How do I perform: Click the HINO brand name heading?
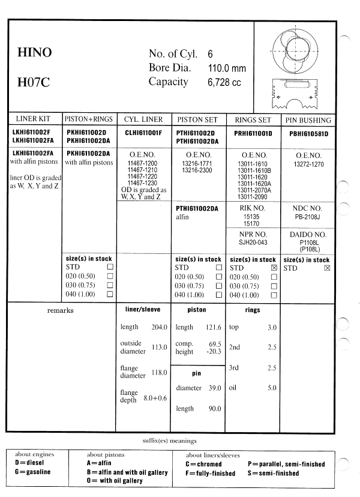pyautogui.click(x=35, y=53)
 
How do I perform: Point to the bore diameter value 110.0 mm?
pyautogui.click(x=227, y=68)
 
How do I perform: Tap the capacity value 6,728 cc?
pyautogui.click(x=224, y=83)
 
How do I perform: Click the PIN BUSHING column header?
pyautogui.click(x=308, y=120)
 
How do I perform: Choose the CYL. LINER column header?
pyautogui.click(x=143, y=120)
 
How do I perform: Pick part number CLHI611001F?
pyautogui.click(x=143, y=133)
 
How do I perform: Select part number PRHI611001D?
pyautogui.click(x=253, y=133)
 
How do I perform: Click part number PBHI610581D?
pyautogui.click(x=308, y=133)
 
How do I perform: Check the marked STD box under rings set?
pyautogui.click(x=274, y=268)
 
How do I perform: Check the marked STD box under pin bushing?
pyautogui.click(x=327, y=268)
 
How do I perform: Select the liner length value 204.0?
pyautogui.click(x=159, y=327)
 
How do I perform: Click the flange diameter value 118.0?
pyautogui.click(x=159, y=372)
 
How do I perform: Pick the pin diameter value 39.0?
pyautogui.click(x=214, y=388)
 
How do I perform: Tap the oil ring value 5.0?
pyautogui.click(x=272, y=388)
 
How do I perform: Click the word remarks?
pyautogui.click(x=60, y=310)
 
